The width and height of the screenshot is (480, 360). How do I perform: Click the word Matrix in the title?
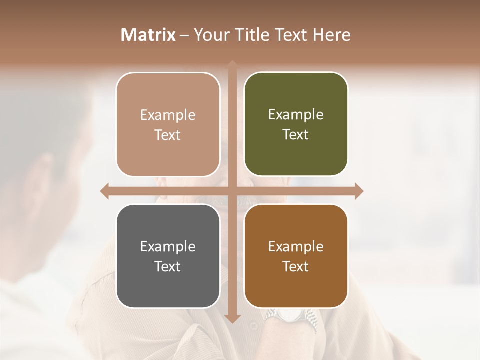pyautogui.click(x=148, y=35)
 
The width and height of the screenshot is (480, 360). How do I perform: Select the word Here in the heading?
pyautogui.click(x=332, y=35)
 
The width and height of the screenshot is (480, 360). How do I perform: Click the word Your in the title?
pyautogui.click(x=209, y=35)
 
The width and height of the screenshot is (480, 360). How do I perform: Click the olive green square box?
pyautogui.click(x=296, y=124)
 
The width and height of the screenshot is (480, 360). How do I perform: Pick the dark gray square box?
pyautogui.click(x=168, y=256)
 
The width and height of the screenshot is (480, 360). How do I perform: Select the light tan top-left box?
pyautogui.click(x=168, y=124)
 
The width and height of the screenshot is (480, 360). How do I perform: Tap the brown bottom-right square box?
pyautogui.click(x=296, y=256)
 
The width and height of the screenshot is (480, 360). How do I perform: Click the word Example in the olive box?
pyautogui.click(x=296, y=114)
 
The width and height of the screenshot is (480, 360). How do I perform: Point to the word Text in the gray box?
pyautogui.click(x=168, y=266)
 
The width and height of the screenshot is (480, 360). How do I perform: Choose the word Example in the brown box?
pyautogui.click(x=296, y=246)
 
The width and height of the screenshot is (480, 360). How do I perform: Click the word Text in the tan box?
pyautogui.click(x=168, y=135)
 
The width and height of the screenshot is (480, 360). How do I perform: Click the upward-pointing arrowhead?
pyautogui.click(x=232, y=64)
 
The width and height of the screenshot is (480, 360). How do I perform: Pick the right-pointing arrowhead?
pyautogui.click(x=359, y=191)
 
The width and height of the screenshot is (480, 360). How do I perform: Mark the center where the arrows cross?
pyautogui.click(x=232, y=191)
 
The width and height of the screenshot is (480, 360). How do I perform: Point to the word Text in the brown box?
pyautogui.click(x=296, y=266)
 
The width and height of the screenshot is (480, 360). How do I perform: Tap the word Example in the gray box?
pyautogui.click(x=168, y=246)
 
